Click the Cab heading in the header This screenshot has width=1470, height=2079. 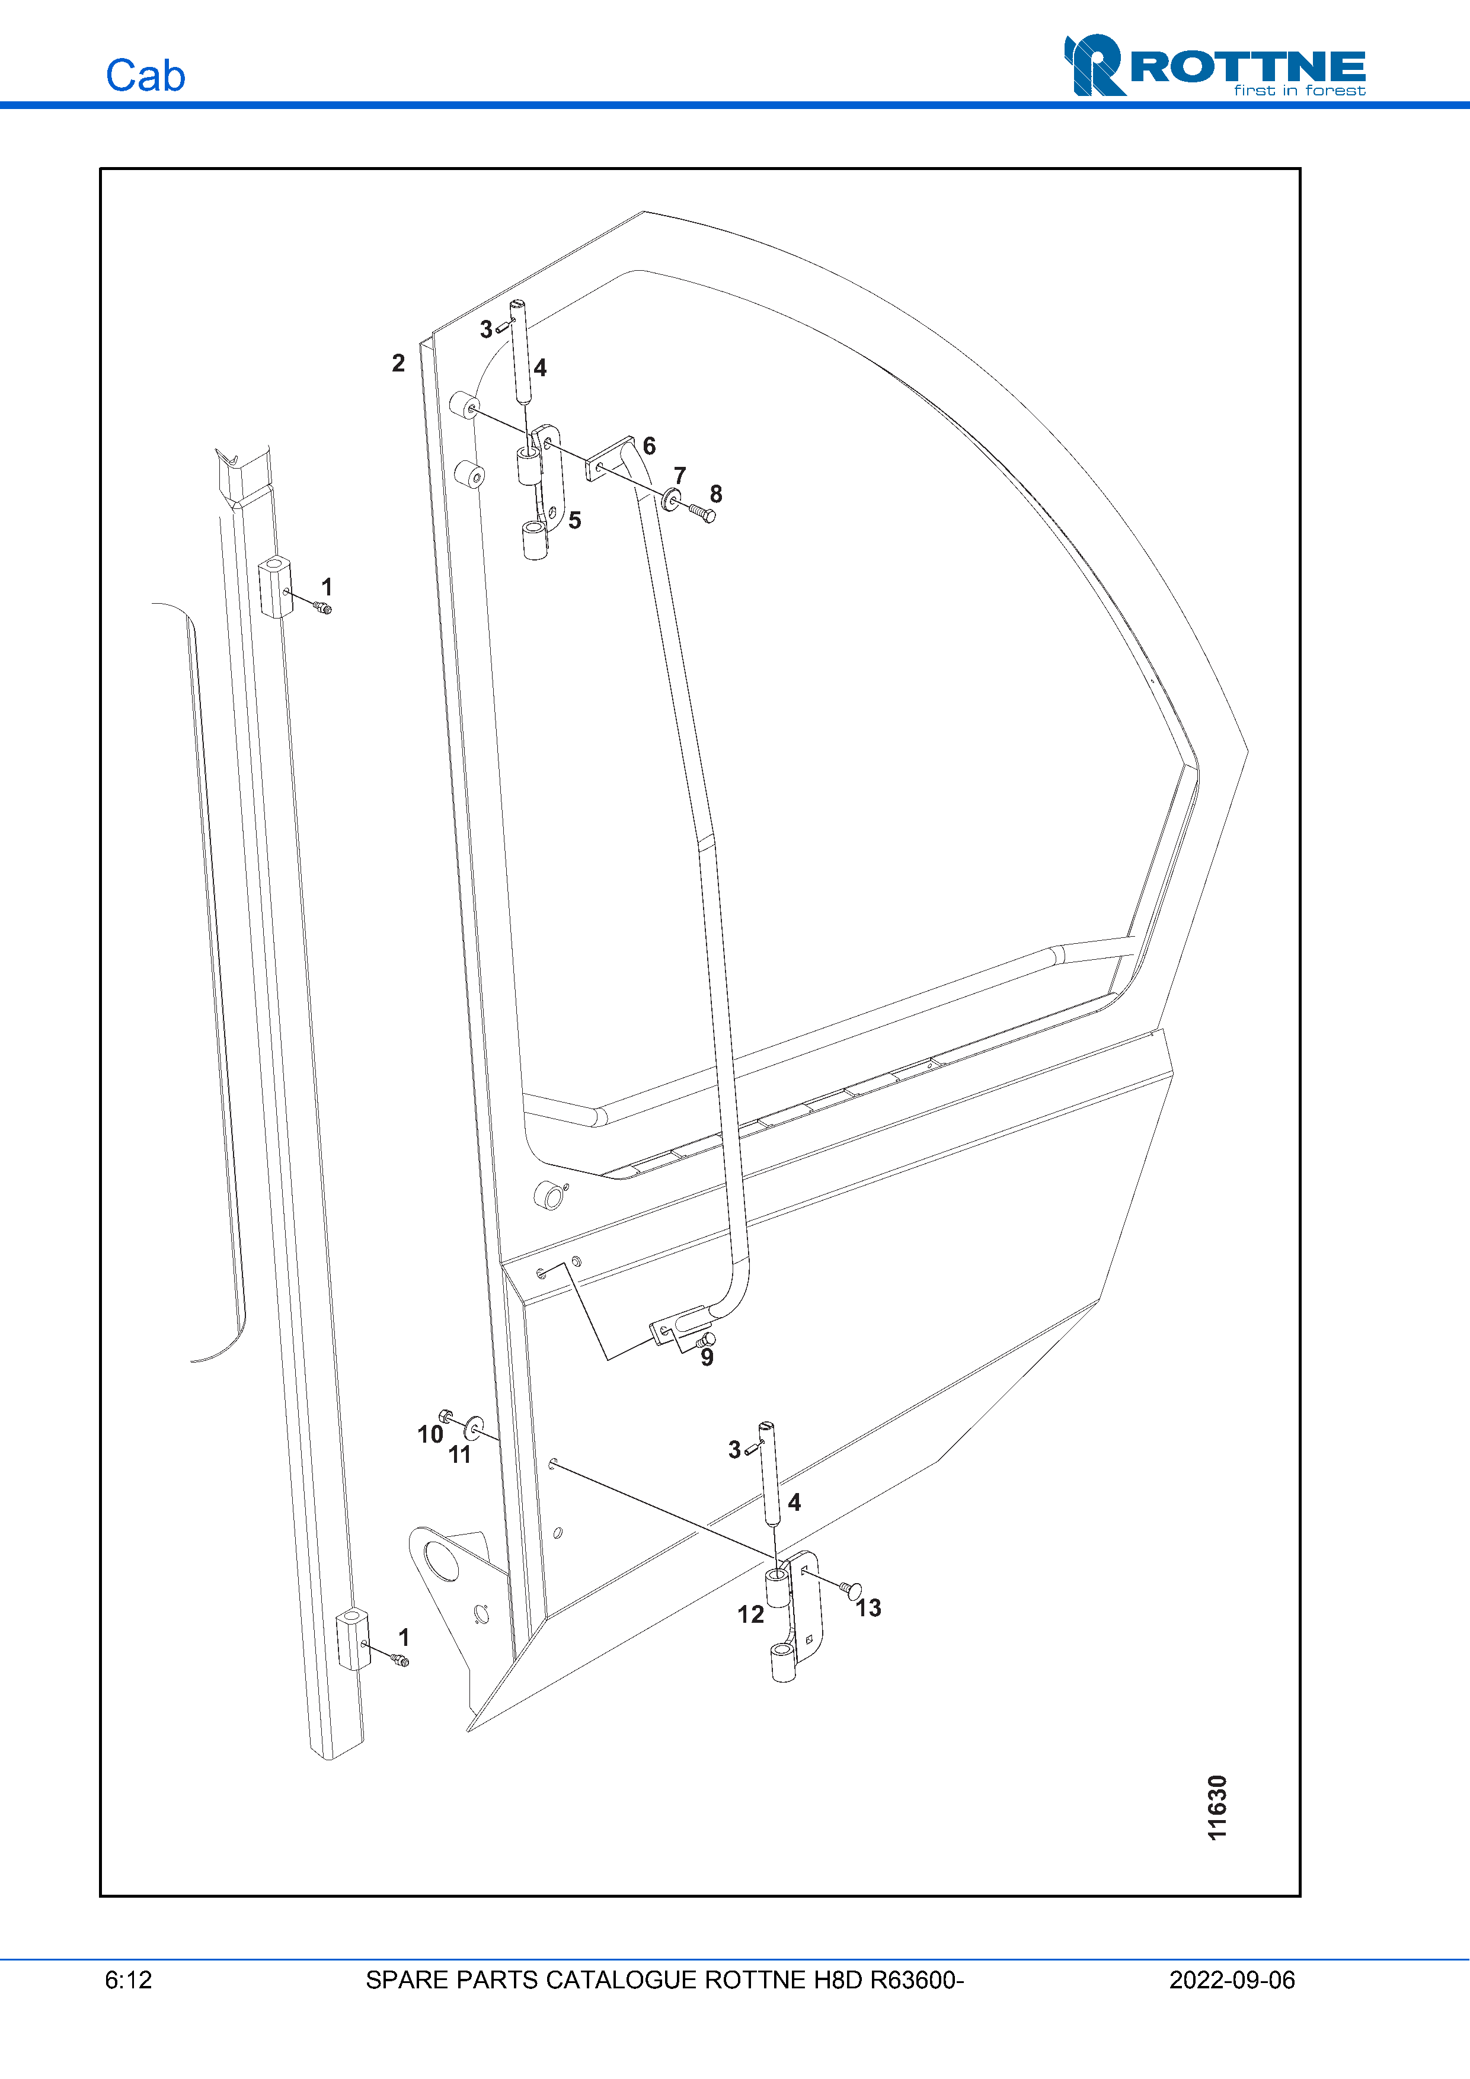click(145, 76)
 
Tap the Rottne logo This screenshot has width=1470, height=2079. click(1215, 66)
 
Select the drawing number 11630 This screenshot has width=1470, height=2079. click(1217, 1808)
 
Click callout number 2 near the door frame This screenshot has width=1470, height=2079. click(398, 363)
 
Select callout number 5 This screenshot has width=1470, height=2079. click(574, 521)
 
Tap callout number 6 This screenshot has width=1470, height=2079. click(650, 446)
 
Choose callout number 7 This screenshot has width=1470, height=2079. click(680, 475)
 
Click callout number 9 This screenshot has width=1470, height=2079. click(707, 1357)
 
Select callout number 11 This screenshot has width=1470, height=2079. click(460, 1455)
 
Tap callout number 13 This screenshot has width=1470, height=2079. click(868, 1608)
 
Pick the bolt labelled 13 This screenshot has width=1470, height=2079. click(849, 1589)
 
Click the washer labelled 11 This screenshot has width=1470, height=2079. click(474, 1429)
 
